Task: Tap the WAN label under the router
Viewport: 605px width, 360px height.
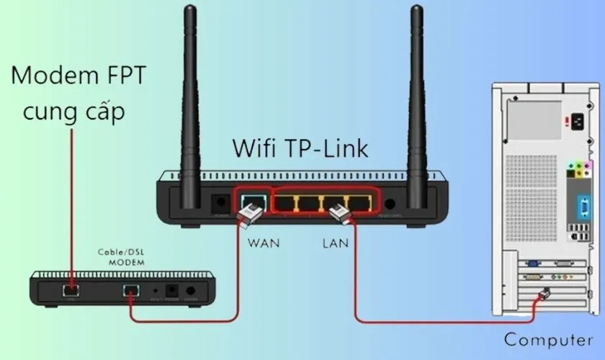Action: point(264,243)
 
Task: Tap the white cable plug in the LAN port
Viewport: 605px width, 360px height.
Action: point(339,212)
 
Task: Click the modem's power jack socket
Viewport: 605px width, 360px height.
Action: point(173,291)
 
